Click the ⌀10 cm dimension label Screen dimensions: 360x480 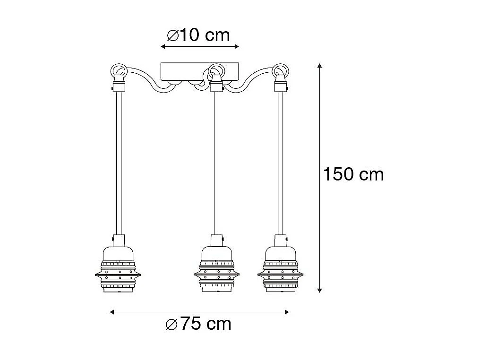pyautogui.click(x=199, y=35)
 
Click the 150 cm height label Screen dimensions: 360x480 pyautogui.click(x=353, y=174)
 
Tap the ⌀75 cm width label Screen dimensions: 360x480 pyautogui.click(x=199, y=324)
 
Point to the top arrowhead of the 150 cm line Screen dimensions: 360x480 pyautogui.click(x=320, y=66)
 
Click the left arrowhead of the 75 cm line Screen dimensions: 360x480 pyautogui.click(x=112, y=312)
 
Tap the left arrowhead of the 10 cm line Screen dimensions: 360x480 pyautogui.click(x=163, y=47)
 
